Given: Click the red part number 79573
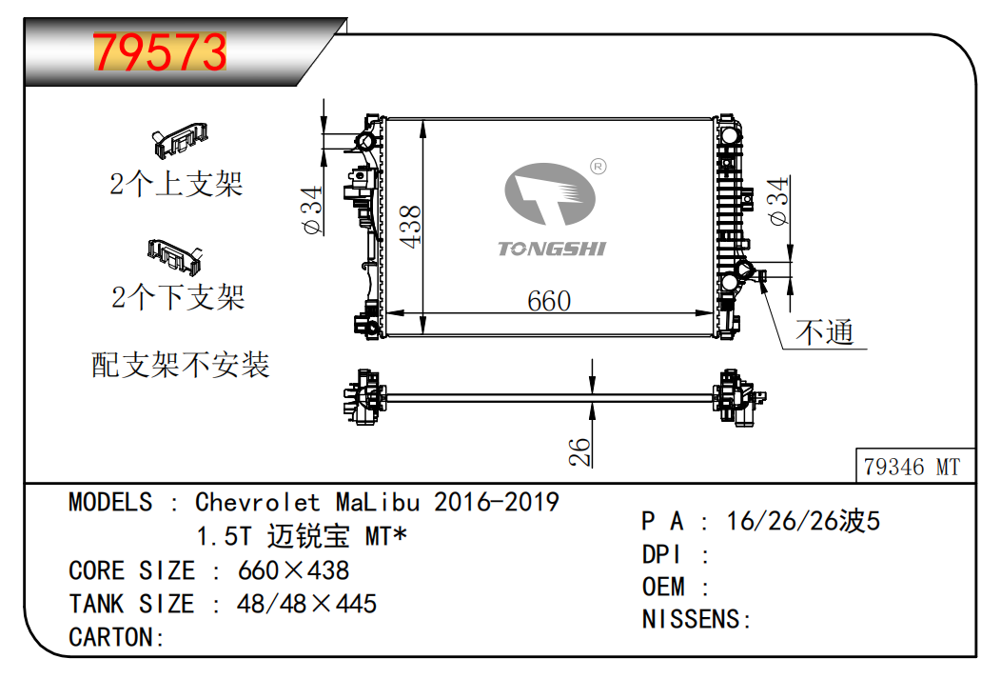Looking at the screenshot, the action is pos(160,51).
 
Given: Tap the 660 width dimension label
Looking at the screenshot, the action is pos(549,301).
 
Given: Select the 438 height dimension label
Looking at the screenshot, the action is pos(410,227).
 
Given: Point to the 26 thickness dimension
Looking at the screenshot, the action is pos(579,451).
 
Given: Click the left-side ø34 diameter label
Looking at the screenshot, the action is pos(312,210).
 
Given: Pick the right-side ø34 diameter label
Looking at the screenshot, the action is pos(778,201).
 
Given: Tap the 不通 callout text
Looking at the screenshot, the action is pos(824,332).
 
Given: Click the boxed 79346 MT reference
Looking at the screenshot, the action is pos(913,467).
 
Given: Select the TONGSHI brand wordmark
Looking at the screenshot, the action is pos(552,249).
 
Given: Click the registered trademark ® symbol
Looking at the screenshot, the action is pos(599,167).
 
